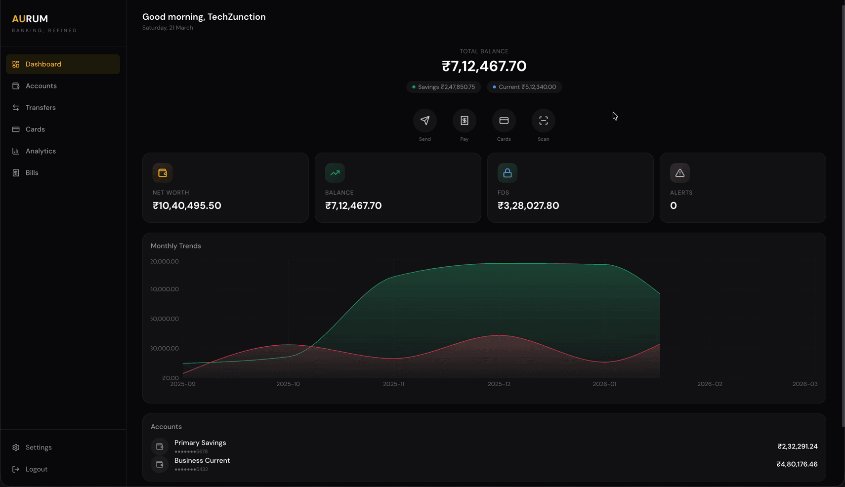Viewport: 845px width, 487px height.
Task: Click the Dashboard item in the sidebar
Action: [x=43, y=64]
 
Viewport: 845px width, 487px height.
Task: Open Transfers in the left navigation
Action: [x=41, y=108]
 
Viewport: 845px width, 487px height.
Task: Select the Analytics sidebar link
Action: [x=41, y=151]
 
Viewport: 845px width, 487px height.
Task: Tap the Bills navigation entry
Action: [x=32, y=173]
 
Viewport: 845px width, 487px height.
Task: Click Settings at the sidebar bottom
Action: [x=39, y=447]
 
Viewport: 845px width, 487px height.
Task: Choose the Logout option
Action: [x=37, y=469]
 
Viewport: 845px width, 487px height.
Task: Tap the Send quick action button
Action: [x=425, y=121]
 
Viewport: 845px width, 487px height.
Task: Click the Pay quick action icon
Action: [x=465, y=121]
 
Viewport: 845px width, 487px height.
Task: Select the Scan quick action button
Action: [x=544, y=121]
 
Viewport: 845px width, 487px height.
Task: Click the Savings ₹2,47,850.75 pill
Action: [x=444, y=87]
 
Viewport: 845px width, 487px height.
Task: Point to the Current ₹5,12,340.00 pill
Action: [x=524, y=87]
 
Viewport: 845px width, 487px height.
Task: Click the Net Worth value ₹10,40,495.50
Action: [x=187, y=205]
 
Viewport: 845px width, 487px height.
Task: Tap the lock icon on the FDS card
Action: [x=507, y=173]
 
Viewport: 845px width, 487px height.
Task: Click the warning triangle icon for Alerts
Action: [x=680, y=173]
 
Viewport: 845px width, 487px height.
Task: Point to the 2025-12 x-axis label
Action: [x=499, y=384]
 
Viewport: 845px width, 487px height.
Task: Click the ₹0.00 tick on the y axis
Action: [x=170, y=378]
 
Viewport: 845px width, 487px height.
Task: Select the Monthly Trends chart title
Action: [x=176, y=246]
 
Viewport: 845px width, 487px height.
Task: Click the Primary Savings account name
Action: [x=200, y=443]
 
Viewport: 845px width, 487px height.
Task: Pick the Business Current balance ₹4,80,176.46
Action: [x=797, y=464]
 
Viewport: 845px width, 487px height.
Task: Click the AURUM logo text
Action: [x=30, y=19]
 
